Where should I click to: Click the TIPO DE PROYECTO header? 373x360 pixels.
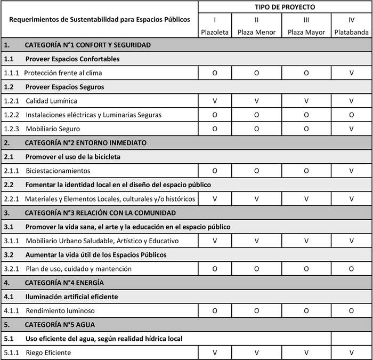[285, 7]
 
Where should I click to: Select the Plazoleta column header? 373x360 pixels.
[215, 32]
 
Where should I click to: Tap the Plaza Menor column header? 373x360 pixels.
[256, 32]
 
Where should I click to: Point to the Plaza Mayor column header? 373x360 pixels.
[306, 32]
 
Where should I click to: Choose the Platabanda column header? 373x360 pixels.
[352, 32]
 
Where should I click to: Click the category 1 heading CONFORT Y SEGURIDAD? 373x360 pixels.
[87, 45]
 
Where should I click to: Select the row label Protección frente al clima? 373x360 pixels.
[63, 73]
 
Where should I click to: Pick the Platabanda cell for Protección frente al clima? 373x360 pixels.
[352, 73]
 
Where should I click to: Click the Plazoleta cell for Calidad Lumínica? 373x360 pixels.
[215, 101]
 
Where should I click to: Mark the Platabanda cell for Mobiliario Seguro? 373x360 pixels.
[352, 129]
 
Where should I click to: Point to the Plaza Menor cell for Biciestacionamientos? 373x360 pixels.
[256, 171]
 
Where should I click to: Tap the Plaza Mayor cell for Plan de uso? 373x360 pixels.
[306, 269]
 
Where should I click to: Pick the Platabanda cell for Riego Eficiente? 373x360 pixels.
[352, 353]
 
